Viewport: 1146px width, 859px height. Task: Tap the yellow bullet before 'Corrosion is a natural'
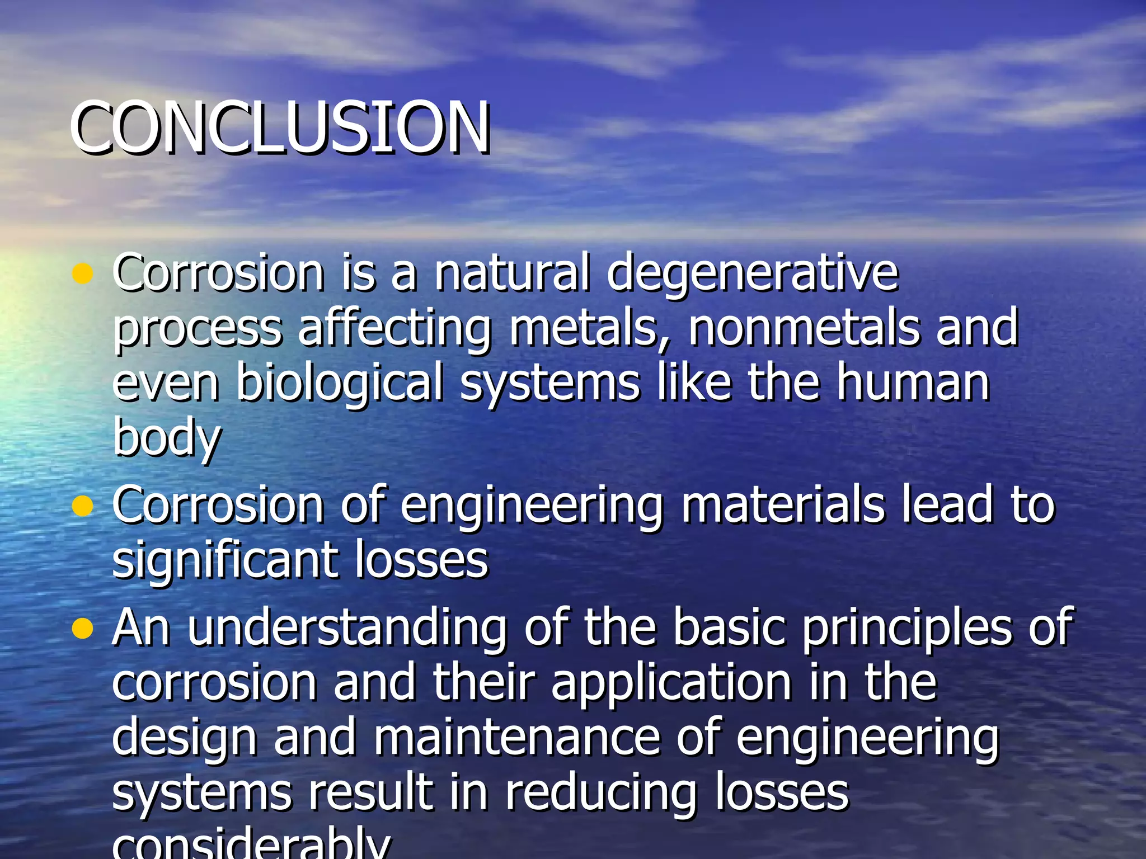(x=82, y=273)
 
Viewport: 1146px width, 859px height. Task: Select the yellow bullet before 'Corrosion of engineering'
(x=82, y=506)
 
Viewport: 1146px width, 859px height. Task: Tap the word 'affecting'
(x=394, y=330)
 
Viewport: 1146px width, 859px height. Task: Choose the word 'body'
(x=167, y=439)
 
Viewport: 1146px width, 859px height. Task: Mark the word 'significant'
(x=224, y=561)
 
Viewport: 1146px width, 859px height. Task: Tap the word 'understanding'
(x=347, y=629)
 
